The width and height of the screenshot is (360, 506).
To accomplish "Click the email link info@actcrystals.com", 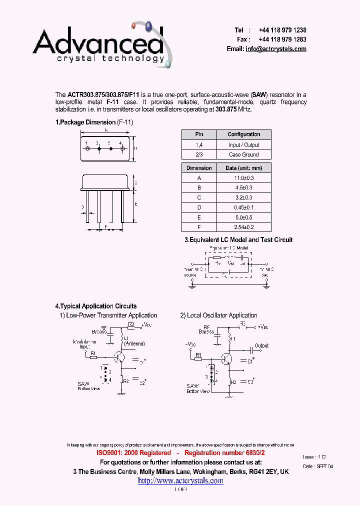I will [275, 49].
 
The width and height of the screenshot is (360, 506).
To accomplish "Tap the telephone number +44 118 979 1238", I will [282, 30].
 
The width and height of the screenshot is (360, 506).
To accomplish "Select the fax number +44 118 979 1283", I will [282, 39].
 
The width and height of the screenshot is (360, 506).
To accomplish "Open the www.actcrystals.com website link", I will [180, 480].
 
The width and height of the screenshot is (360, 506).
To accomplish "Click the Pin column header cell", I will [199, 134].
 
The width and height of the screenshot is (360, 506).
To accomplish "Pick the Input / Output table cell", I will [244, 145].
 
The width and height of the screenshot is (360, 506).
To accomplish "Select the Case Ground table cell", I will [244, 155].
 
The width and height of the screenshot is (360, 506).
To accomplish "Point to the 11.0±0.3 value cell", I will [244, 178].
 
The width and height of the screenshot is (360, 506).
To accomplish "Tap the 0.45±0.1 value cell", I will [244, 207].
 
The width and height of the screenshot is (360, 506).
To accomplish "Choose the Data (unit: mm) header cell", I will [244, 168].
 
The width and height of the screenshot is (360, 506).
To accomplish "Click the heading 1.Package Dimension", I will [85, 122].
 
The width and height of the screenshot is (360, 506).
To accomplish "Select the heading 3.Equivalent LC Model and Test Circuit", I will [238, 240].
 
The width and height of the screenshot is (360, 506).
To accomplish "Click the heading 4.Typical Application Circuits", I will [96, 306].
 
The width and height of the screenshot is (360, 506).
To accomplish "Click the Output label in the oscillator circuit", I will [261, 345].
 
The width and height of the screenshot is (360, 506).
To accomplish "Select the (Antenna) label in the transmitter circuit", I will [134, 344].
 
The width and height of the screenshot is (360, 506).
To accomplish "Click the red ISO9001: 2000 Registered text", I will [133, 452].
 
